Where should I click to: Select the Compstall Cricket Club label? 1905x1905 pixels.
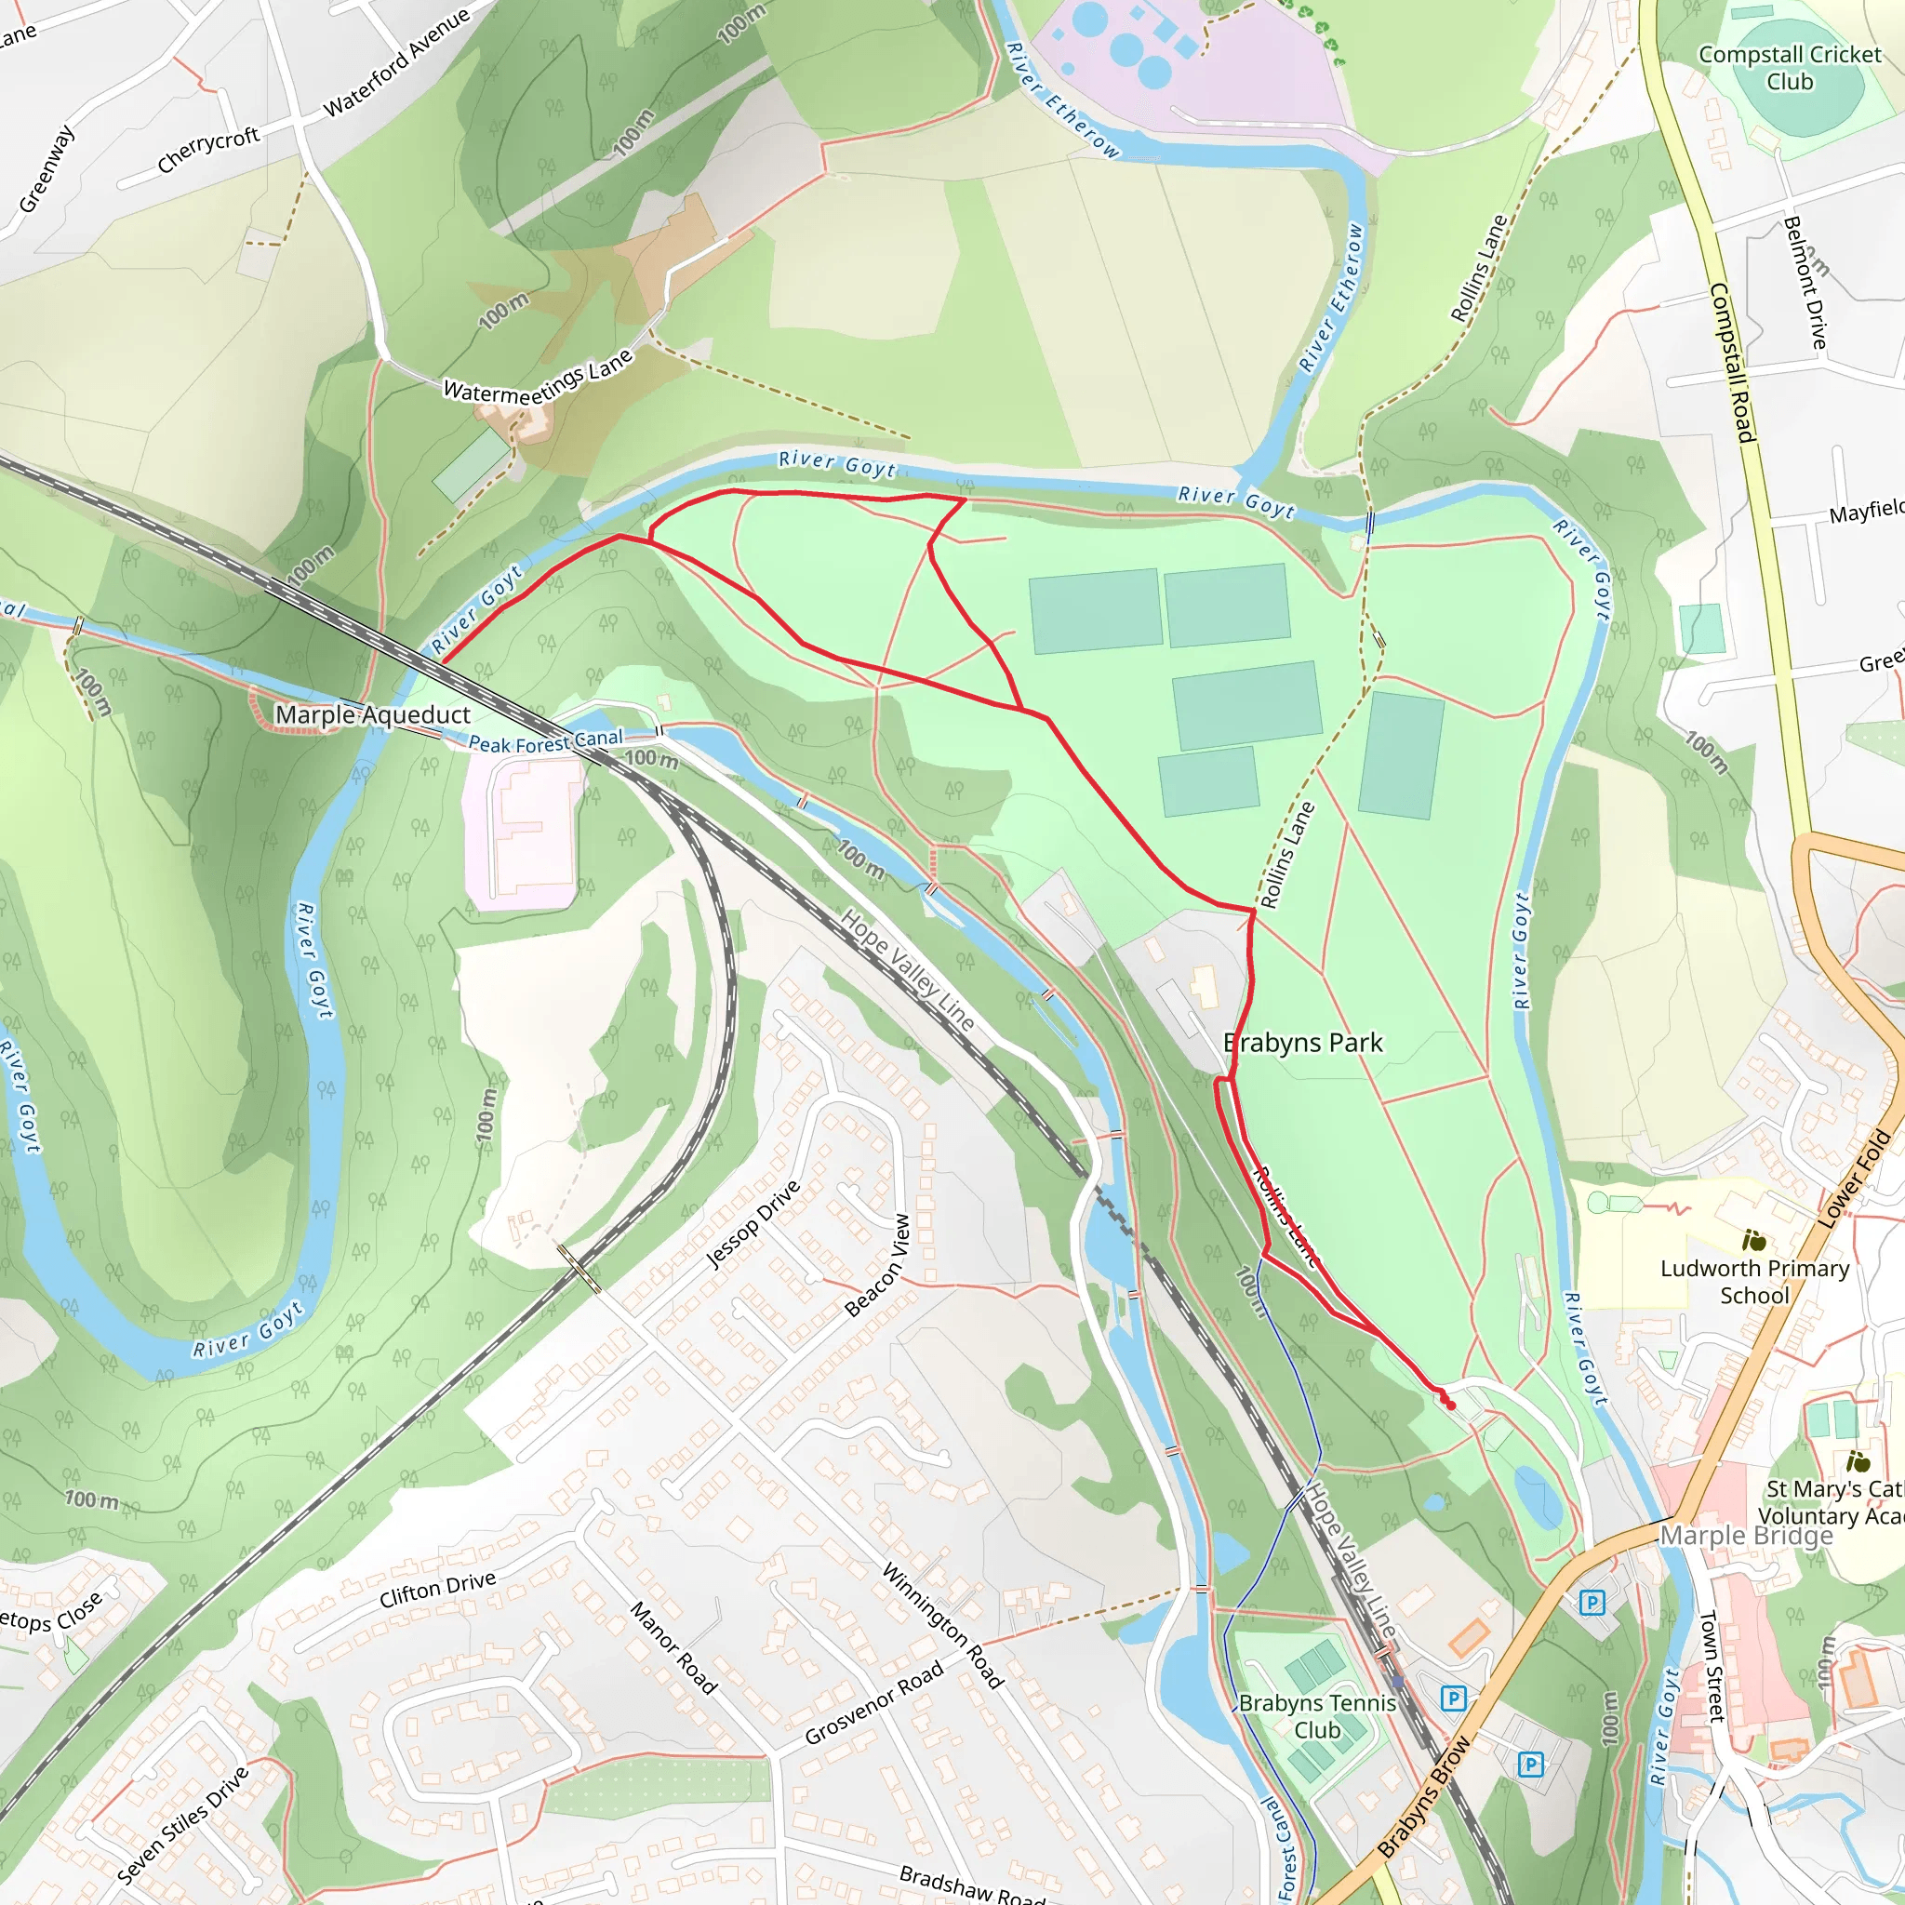click(1789, 68)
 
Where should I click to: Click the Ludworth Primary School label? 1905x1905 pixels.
click(1754, 1281)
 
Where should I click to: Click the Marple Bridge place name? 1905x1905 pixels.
click(1746, 1535)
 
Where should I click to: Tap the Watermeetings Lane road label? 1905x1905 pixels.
click(538, 380)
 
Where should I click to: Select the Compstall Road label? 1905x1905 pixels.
click(1732, 362)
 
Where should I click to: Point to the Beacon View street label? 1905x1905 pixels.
click(877, 1266)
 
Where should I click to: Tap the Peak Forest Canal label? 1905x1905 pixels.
click(545, 741)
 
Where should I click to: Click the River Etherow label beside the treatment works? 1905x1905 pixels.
click(1063, 100)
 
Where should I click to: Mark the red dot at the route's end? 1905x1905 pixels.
click(1450, 1405)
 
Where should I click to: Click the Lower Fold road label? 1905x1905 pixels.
click(1855, 1179)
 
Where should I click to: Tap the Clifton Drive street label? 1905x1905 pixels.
click(438, 1589)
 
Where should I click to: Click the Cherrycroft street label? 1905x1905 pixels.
click(208, 150)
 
